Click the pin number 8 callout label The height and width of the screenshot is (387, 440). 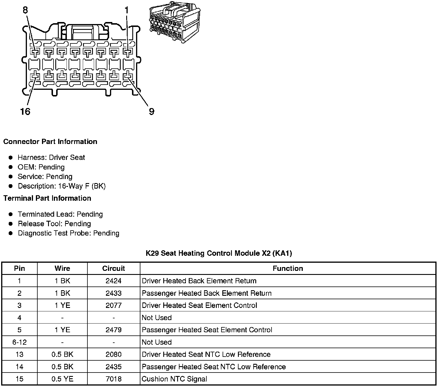[x=25, y=10]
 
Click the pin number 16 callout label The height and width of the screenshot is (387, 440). [x=25, y=112]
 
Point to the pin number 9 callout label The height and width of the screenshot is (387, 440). [x=151, y=112]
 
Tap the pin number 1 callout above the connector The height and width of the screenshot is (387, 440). [x=126, y=10]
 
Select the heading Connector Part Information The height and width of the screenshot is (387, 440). [x=50, y=142]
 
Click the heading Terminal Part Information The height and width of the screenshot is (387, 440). [x=47, y=198]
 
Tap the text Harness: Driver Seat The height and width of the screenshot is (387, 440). [x=51, y=158]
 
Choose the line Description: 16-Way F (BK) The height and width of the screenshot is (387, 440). [x=62, y=186]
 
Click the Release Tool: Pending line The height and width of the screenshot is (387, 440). [x=54, y=224]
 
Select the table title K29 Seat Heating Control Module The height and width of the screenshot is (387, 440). [x=219, y=253]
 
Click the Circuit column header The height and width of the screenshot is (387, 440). [x=113, y=269]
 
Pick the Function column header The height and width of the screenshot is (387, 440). [x=288, y=269]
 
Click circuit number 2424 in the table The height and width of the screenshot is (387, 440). [x=113, y=281]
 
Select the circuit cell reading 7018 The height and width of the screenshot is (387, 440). [x=113, y=379]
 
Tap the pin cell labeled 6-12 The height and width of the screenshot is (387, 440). [x=19, y=342]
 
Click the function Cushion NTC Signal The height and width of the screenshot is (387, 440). [x=174, y=379]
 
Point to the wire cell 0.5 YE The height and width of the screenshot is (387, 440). [x=62, y=379]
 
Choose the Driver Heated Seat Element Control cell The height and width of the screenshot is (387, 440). [x=199, y=305]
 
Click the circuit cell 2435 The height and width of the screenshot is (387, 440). [x=113, y=367]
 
